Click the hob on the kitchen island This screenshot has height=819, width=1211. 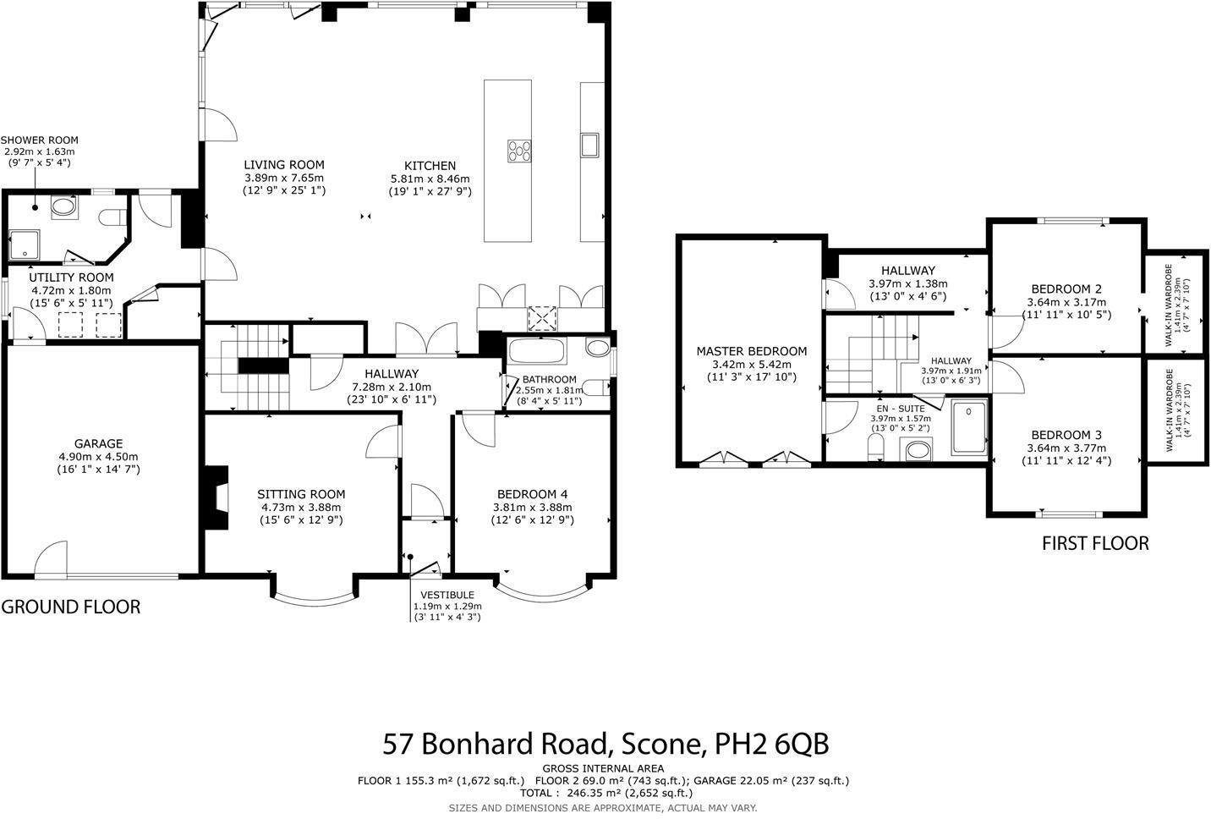(x=520, y=151)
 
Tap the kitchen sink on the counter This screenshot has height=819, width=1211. (x=589, y=145)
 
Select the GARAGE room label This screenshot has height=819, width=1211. (x=98, y=443)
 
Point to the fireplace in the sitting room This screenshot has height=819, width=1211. (x=217, y=497)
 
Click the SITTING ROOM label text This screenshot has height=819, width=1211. (x=301, y=494)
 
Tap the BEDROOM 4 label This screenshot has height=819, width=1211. (x=533, y=494)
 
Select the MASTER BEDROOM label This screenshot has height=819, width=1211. (x=751, y=351)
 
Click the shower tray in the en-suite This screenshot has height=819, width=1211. (x=969, y=429)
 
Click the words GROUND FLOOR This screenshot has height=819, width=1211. (x=71, y=607)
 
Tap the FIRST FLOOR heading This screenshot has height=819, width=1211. (x=1095, y=543)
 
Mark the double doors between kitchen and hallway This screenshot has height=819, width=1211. (x=427, y=340)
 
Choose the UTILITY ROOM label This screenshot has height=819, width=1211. (x=71, y=278)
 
